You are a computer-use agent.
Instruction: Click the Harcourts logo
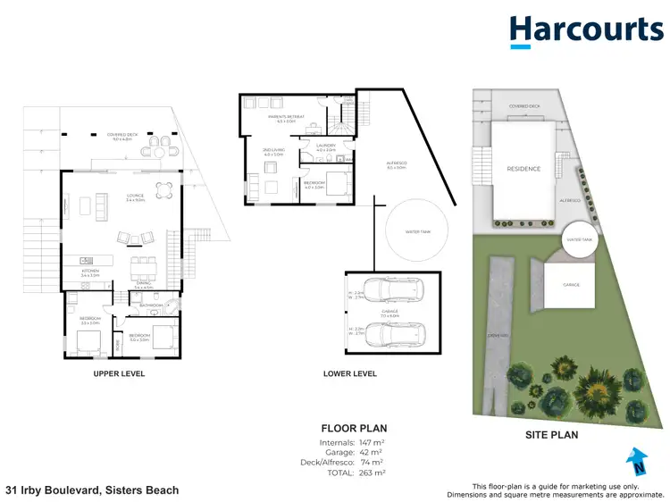pos(586,30)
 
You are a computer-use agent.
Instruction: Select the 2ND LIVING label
pos(272,151)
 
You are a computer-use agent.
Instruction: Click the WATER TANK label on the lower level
pos(418,232)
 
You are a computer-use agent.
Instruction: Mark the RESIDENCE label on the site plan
pos(523,168)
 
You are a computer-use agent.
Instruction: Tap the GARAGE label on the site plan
pos(571,285)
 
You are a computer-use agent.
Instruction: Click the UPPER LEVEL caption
pos(119,373)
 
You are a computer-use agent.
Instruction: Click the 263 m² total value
pos(372,472)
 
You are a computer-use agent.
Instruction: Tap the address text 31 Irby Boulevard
pos(92,490)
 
